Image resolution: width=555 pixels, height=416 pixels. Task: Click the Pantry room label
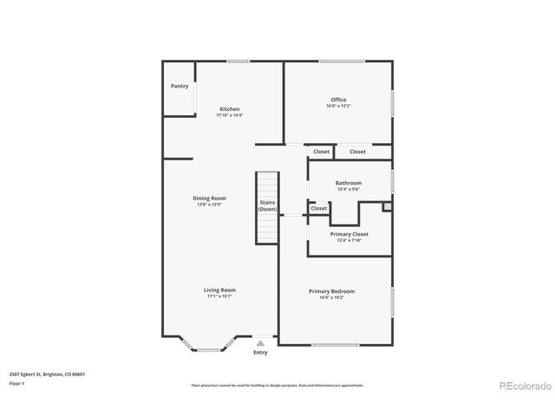coord(180,86)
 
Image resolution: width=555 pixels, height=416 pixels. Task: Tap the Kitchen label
coord(229,109)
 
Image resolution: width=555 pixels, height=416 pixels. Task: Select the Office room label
coord(338,100)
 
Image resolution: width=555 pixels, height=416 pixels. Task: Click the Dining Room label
coord(209,198)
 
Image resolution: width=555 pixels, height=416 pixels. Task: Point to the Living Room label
coord(219,290)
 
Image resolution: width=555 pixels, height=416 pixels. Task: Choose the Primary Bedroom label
coord(331,291)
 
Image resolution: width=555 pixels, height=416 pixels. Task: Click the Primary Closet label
coord(349,234)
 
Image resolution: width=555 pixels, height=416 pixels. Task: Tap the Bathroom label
coord(349,183)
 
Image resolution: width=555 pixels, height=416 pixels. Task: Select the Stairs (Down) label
coord(267,205)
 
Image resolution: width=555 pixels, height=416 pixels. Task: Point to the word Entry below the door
coord(260,352)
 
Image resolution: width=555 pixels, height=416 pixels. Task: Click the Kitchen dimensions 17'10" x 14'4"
coord(229,115)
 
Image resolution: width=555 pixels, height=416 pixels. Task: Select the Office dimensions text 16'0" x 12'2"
coord(338,106)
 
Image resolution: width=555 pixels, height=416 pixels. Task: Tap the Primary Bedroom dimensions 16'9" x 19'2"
coord(331,297)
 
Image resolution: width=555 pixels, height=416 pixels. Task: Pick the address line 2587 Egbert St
coord(47,374)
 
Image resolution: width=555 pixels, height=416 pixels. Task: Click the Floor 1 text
coord(16,382)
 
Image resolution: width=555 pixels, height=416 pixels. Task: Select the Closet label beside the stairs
coord(319,208)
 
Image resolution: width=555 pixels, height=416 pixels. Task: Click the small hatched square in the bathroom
coord(388,207)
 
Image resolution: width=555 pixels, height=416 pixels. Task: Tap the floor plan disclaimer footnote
coord(277,385)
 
